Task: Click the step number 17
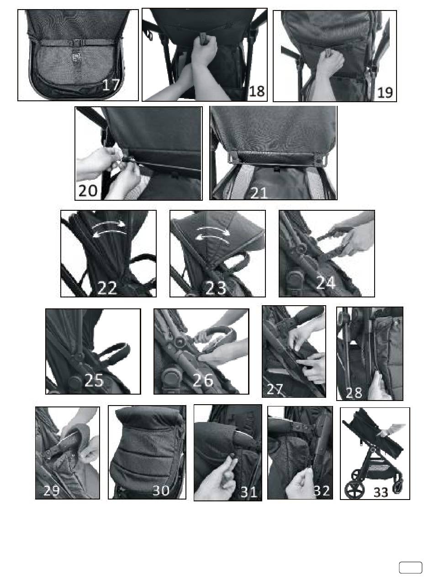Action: [111, 85]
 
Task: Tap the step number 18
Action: [257, 91]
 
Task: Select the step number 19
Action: [385, 93]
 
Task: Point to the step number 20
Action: [88, 190]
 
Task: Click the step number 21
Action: [259, 193]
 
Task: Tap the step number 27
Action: [275, 389]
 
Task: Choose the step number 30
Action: [161, 490]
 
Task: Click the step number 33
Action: [381, 492]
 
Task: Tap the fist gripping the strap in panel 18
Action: [204, 50]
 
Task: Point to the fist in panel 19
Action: [330, 62]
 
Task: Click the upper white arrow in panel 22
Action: [109, 224]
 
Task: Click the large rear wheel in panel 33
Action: [354, 489]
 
